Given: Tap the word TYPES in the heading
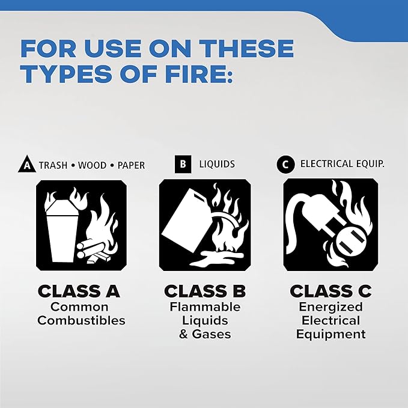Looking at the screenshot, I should coord(66,74).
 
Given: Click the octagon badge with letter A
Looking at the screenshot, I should coord(26,165).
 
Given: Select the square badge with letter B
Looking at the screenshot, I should coord(183,163).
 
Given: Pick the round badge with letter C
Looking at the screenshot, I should coord(285,163).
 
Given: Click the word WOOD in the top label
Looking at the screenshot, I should coord(92,165).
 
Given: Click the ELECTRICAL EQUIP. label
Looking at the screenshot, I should coord(342,163).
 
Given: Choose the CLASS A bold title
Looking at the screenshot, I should coord(79,291).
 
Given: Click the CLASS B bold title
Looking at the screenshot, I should coord(204,291).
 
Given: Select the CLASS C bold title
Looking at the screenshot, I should coord(330,291).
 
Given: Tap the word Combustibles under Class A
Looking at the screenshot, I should coord(81,320).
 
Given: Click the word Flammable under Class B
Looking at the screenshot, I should coord(204,307).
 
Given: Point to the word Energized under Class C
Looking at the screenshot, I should coord(330,307).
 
